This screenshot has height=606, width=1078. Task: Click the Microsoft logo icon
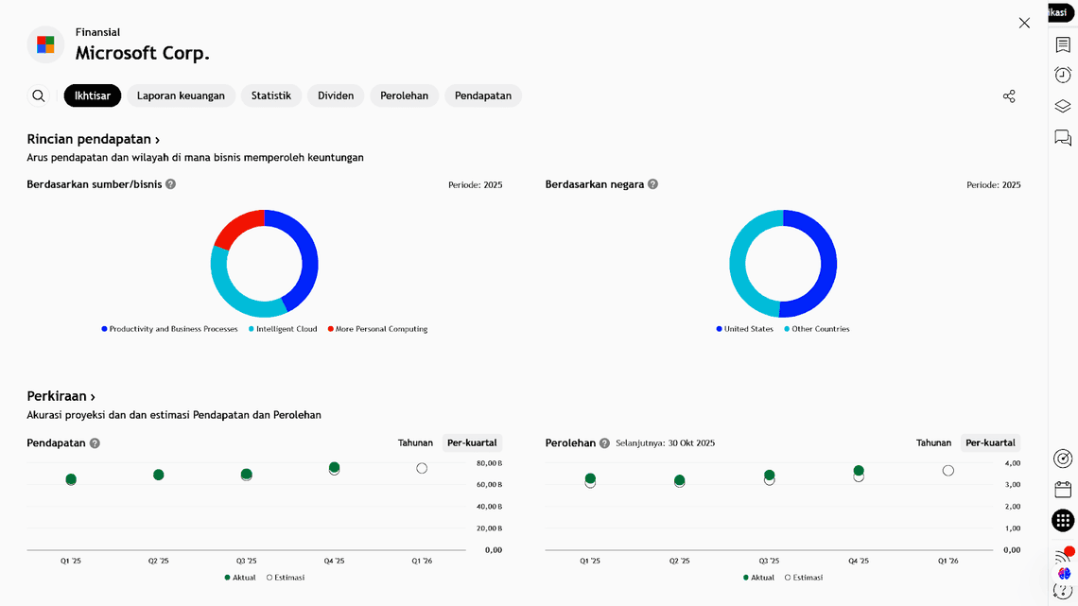coord(45,44)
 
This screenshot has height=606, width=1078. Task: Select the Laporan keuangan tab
coord(181,95)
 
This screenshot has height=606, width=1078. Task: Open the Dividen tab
coord(336,95)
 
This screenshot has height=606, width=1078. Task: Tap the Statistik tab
coord(271,95)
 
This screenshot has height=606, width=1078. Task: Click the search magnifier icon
coord(39,95)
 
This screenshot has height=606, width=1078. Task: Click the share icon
coord(1009,96)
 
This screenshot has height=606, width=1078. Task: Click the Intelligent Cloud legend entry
coord(286,329)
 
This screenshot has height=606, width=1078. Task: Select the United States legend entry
coord(748,329)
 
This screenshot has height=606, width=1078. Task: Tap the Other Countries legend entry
coord(820,329)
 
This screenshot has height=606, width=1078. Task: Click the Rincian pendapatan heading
coord(93,139)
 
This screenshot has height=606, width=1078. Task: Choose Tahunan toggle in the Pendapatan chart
coord(415,442)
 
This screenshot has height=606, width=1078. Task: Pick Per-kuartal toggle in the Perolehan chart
coord(990,442)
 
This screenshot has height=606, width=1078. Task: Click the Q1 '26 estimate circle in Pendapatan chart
coord(422,468)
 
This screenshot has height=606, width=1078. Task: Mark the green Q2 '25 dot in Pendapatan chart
coord(159,475)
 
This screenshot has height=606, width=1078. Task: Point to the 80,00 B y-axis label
coord(489,463)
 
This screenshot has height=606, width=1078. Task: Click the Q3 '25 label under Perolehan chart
coord(769,561)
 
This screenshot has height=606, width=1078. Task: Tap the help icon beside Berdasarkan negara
coord(652,184)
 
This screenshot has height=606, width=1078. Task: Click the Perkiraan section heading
coord(61,396)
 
